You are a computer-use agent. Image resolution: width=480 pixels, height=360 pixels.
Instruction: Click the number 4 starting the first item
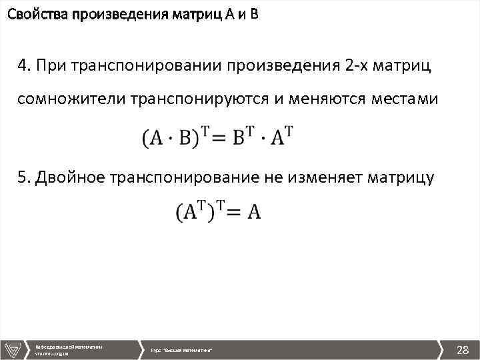23,66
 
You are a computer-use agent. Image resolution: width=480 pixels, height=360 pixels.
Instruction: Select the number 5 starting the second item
23,177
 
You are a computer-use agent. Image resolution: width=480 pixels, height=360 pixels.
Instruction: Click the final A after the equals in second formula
253,213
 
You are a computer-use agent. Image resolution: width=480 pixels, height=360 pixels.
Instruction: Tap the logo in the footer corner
13,349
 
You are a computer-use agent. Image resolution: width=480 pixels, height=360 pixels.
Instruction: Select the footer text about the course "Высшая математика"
182,350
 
